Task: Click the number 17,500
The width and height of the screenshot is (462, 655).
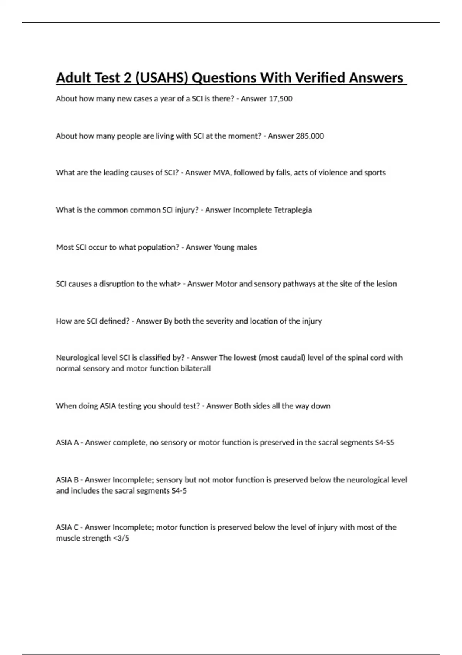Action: pyautogui.click(x=280, y=99)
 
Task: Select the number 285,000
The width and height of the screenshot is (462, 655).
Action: pyautogui.click(x=310, y=136)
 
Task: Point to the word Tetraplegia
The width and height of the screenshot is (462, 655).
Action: pyautogui.click(x=293, y=210)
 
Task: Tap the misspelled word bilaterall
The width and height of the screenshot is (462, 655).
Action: pyautogui.click(x=196, y=369)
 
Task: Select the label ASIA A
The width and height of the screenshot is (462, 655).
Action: pyautogui.click(x=67, y=443)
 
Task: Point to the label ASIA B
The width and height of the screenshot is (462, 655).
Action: pyautogui.click(x=67, y=480)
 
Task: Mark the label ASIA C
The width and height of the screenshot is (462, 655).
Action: pyautogui.click(x=67, y=527)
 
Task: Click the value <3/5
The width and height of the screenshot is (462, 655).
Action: pyautogui.click(x=121, y=538)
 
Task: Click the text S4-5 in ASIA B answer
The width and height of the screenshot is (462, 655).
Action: pyautogui.click(x=179, y=491)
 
